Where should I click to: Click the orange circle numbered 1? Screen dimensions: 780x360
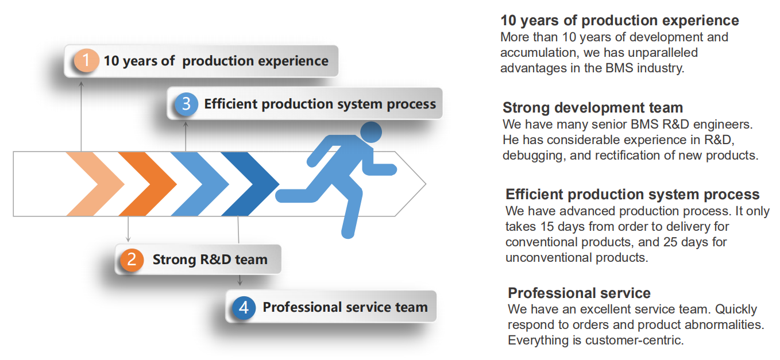[x=86, y=60]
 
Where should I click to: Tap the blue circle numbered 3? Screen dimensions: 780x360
[x=186, y=104]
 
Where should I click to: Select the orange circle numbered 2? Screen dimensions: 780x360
[x=132, y=260]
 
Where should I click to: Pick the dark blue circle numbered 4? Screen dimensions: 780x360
[x=244, y=307]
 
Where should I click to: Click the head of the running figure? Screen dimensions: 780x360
[x=371, y=132]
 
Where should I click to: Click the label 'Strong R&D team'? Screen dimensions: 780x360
[x=210, y=260]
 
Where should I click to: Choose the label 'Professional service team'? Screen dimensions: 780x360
[x=345, y=307]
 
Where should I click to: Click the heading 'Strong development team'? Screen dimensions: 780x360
[x=593, y=108]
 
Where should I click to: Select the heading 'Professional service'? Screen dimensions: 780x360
[x=579, y=293]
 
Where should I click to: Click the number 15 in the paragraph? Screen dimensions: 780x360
[x=547, y=227]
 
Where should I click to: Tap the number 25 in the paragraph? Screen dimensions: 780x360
[x=670, y=242]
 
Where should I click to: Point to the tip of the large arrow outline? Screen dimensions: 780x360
[x=426, y=184]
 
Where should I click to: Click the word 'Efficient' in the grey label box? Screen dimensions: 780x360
[x=231, y=104]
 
